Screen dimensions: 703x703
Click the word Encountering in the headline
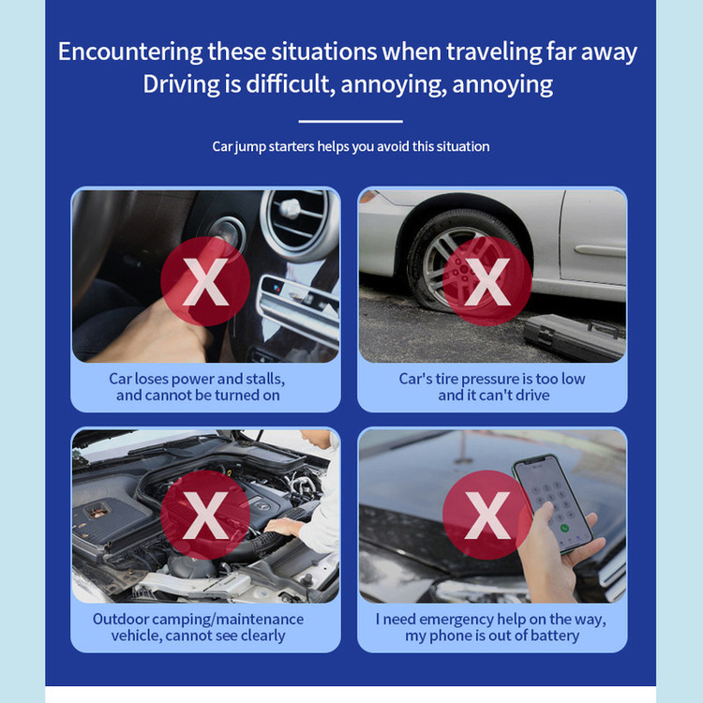click(130, 52)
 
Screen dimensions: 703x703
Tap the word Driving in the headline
click(181, 83)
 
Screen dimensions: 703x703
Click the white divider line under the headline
click(351, 121)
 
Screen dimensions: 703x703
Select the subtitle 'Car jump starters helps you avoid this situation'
click(351, 146)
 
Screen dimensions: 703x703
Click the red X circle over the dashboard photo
click(205, 281)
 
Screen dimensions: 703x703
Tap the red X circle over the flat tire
click(487, 281)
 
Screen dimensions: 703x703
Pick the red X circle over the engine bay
click(205, 515)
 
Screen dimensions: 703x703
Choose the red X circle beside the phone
click(487, 515)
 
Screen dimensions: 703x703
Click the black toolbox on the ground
click(575, 336)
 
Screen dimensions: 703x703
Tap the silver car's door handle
click(600, 250)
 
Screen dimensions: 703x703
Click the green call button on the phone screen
click(564, 528)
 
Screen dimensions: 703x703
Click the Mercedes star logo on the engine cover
click(263, 506)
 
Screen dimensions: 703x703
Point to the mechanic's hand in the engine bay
click(281, 527)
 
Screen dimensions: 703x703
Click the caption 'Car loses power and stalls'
click(197, 379)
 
